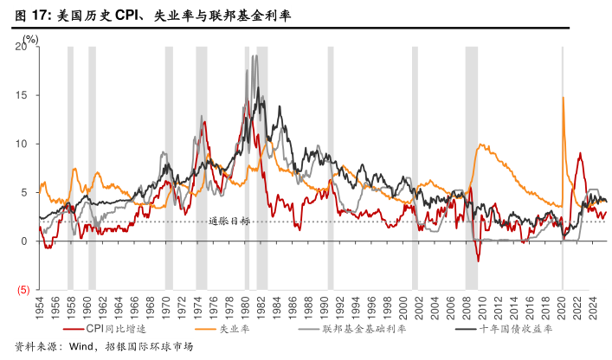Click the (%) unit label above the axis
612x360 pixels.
31,38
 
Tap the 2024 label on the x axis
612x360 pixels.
593,309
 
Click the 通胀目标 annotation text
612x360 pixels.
229,221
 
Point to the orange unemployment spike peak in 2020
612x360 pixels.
564,97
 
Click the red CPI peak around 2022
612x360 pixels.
579,153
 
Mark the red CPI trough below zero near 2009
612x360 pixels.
478,260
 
